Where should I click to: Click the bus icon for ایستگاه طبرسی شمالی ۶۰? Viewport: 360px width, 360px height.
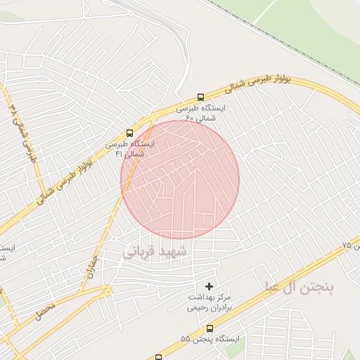click(201, 98)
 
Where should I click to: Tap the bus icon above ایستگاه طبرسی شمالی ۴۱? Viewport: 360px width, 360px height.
click(129, 133)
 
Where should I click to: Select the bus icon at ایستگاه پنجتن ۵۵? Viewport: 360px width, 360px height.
click(210, 329)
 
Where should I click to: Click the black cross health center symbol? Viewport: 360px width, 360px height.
click(208, 286)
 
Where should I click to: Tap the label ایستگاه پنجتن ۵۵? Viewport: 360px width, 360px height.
click(210, 340)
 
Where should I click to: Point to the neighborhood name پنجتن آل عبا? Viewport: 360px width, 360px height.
click(300, 287)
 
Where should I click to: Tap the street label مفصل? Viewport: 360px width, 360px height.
click(44, 309)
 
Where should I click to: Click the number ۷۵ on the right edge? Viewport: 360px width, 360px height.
click(346, 245)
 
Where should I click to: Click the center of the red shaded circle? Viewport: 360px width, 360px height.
click(180, 179)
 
